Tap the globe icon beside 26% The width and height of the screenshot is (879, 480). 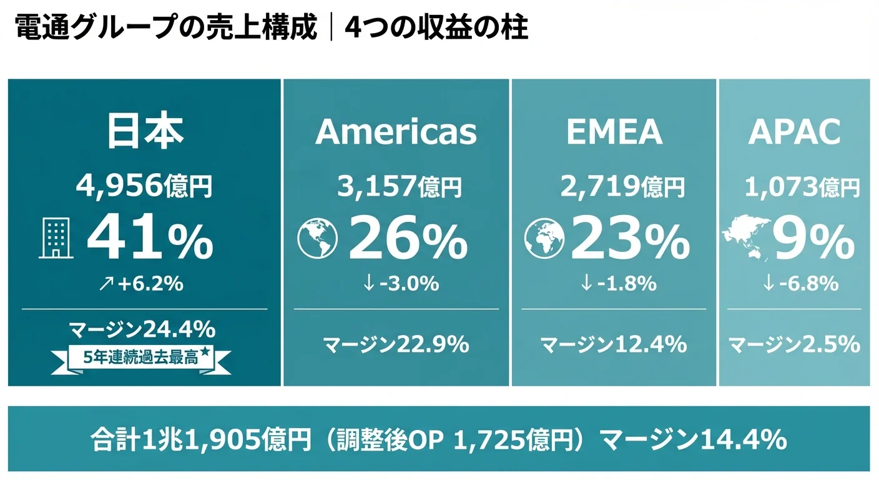317,241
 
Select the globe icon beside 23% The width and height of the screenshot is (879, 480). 544,241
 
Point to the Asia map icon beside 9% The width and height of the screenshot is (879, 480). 744,236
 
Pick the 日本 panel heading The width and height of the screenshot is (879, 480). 144,131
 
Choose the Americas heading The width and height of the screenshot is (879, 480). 396,131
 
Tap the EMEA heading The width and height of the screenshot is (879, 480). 614,131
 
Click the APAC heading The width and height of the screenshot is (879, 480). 794,131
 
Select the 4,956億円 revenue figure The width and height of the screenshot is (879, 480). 144,186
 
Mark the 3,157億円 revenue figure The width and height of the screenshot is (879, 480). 400,186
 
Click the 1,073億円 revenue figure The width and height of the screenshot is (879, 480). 802,186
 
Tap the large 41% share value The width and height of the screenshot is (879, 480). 150,241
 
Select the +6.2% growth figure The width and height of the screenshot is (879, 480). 143,284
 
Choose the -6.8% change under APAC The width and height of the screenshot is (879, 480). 800,284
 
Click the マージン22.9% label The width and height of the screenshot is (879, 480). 396,344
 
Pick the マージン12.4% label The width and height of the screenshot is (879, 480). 614,344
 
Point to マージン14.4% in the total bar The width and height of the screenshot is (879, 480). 693,441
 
